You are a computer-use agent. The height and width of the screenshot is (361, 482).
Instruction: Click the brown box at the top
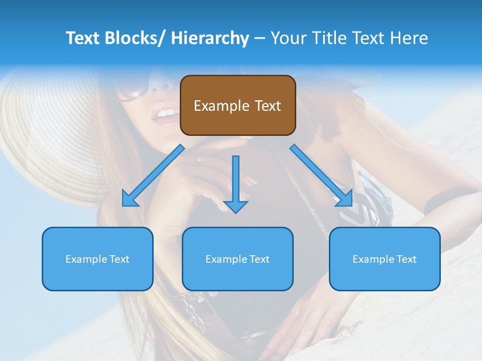237,105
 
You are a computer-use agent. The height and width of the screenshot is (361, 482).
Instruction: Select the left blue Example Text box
97,259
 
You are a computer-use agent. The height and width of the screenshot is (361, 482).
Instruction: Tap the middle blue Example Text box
237,259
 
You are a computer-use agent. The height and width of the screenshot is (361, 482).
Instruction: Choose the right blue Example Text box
385,259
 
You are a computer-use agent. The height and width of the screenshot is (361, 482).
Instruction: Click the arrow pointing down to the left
153,175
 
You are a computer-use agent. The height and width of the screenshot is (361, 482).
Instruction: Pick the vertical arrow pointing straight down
235,183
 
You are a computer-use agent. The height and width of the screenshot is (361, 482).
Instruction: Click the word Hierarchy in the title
210,39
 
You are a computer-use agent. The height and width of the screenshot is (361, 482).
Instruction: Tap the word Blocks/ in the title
136,38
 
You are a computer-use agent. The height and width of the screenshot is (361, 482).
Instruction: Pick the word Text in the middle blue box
259,259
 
